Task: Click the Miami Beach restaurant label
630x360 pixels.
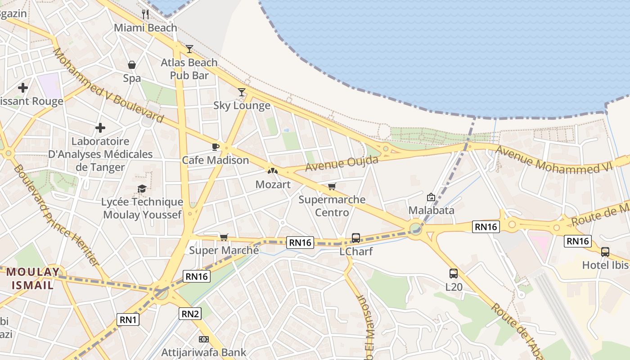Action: click(x=145, y=28)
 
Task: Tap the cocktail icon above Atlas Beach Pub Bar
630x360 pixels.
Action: click(x=189, y=49)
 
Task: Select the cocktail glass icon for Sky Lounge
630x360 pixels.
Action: click(x=242, y=92)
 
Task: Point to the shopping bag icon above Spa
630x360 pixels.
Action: click(x=132, y=65)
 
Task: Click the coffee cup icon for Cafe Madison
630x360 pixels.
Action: click(x=215, y=147)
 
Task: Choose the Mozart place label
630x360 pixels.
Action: click(x=273, y=184)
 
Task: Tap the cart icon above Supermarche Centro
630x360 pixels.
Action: click(x=332, y=186)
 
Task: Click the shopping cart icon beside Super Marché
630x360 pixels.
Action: click(x=224, y=237)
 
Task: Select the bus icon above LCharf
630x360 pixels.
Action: click(x=356, y=238)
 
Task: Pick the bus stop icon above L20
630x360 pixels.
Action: click(x=453, y=273)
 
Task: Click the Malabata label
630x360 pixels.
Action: click(x=431, y=210)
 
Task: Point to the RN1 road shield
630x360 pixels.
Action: click(x=128, y=320)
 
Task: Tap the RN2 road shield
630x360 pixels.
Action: click(x=189, y=314)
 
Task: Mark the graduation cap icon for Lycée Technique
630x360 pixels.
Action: click(x=142, y=189)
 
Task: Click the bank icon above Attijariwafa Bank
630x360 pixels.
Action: click(x=203, y=339)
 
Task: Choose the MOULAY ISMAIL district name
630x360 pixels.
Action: click(x=33, y=278)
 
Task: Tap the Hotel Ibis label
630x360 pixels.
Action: click(x=605, y=265)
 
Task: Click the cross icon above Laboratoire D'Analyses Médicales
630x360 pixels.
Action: click(x=100, y=128)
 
